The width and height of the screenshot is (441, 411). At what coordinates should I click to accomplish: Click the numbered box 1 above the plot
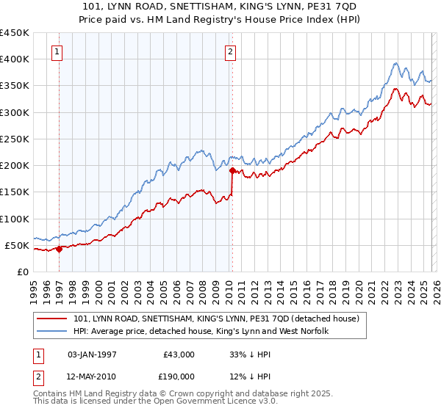coord(57,51)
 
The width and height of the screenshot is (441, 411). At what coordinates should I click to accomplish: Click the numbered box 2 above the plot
coord(231,51)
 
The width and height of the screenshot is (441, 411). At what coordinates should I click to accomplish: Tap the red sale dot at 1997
coord(60,249)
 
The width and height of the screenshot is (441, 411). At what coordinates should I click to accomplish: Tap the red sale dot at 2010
coord(232,171)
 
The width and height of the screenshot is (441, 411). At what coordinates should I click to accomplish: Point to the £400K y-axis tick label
coord(15,59)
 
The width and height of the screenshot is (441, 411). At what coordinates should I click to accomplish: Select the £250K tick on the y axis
coord(15,139)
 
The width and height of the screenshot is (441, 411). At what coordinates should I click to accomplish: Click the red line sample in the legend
coord(53,319)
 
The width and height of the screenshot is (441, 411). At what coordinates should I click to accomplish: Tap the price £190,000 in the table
coord(178,377)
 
